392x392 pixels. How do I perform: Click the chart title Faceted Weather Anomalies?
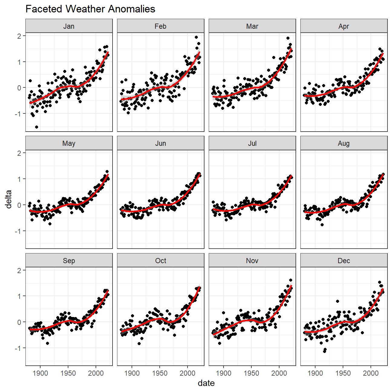[x=90, y=9]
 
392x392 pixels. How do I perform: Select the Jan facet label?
[x=69, y=26]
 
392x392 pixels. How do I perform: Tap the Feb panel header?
[x=161, y=26]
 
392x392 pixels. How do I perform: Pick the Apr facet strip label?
[x=344, y=26]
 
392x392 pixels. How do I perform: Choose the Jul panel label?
[x=252, y=143]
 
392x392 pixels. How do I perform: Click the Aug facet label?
[x=344, y=143]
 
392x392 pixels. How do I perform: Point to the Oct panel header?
[x=161, y=261]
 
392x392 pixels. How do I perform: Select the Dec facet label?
[x=344, y=261]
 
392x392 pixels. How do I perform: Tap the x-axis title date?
[x=206, y=383]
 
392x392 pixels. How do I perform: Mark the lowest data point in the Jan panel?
[x=37, y=127]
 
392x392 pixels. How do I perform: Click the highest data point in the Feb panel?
[x=196, y=37]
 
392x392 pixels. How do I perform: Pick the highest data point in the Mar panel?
[x=288, y=38]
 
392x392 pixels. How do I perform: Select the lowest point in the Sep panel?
[x=47, y=343]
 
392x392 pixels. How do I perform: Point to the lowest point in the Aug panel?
[x=322, y=225]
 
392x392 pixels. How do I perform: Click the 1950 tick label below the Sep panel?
[x=68, y=373]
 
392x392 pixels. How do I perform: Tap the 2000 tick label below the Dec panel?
[x=371, y=373]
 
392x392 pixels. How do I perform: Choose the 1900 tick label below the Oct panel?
[x=132, y=373]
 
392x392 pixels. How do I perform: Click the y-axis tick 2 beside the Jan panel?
[x=19, y=36]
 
